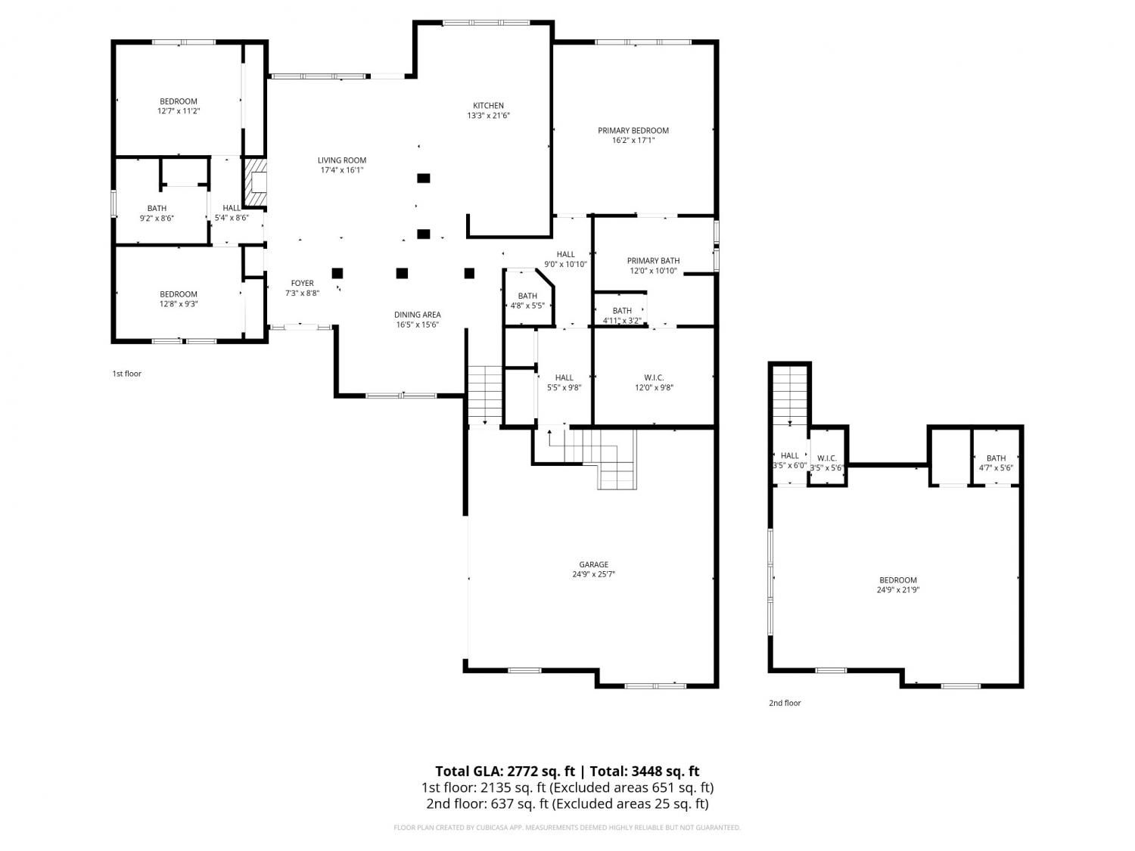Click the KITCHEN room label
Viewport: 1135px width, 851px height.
(488, 105)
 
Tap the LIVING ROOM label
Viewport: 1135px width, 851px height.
(342, 160)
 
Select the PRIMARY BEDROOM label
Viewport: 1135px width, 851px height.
(633, 131)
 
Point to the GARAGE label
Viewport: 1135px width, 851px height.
(594, 565)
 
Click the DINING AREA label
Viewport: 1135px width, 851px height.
(417, 315)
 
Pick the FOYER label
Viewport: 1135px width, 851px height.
(302, 283)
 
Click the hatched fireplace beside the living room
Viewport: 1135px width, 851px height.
(256, 182)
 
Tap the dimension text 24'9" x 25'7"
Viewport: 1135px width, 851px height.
(594, 574)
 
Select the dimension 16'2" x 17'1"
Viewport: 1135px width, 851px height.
(633, 140)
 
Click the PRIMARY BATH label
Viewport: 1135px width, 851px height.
(653, 261)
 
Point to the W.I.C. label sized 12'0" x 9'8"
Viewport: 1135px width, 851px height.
(654, 377)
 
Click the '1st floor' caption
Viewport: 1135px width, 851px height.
(126, 374)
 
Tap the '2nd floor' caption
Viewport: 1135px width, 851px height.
(785, 703)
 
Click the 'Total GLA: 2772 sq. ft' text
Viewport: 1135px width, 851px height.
(505, 772)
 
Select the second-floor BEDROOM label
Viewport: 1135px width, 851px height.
(897, 580)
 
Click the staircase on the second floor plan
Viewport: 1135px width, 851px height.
(790, 396)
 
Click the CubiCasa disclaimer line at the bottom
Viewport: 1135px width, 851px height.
(567, 828)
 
